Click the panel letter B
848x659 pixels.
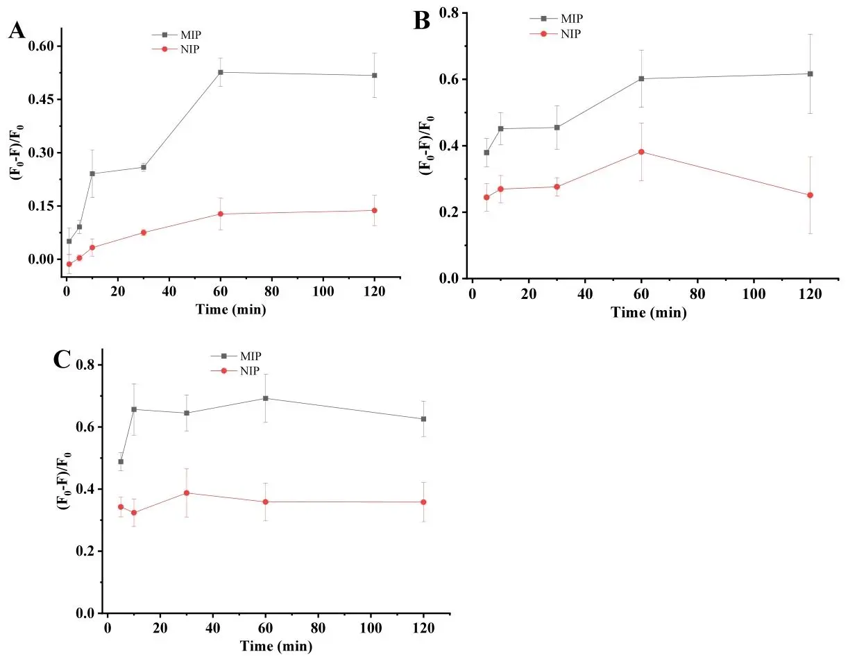pos(423,22)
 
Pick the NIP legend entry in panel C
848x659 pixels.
pos(248,371)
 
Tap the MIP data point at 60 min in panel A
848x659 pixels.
pos(221,72)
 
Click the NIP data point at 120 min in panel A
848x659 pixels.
pos(375,210)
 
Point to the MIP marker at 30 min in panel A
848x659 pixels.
pos(144,167)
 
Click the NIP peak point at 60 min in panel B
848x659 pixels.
pos(641,151)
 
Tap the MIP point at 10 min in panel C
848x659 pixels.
pos(134,409)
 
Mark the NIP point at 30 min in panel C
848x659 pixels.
pos(187,493)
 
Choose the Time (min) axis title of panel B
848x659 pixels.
pos(648,313)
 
